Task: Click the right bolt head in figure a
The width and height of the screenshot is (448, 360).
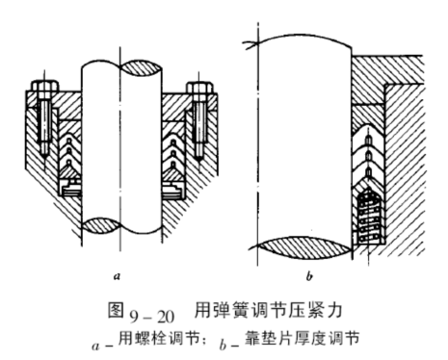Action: click(199, 90)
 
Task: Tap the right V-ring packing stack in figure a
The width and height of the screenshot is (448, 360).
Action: click(174, 154)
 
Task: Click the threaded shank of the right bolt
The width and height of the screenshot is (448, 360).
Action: click(199, 125)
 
